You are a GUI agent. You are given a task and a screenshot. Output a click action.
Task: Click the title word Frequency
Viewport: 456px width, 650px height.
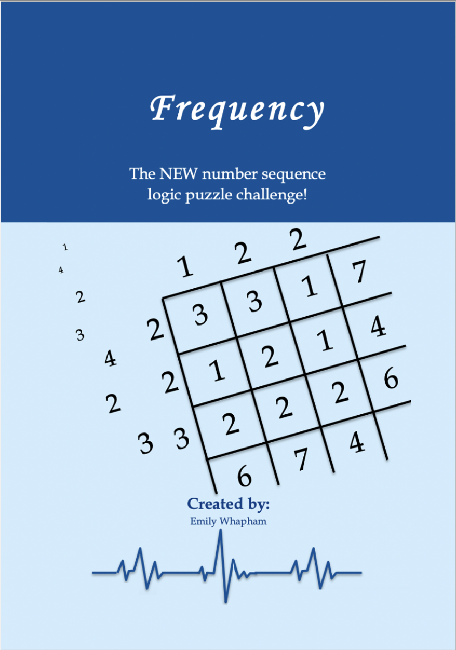[x=237, y=111]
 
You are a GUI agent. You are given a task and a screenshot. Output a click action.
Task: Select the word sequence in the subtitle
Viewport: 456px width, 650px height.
[x=293, y=175]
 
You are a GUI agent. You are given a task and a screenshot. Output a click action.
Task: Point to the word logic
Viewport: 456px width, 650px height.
[x=164, y=195]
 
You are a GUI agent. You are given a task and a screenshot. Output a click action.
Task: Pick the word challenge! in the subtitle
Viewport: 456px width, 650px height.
[x=271, y=194]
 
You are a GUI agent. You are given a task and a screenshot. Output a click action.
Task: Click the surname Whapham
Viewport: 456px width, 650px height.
[x=243, y=521]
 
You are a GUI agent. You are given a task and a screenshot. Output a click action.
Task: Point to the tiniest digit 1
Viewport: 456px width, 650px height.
[x=65, y=247]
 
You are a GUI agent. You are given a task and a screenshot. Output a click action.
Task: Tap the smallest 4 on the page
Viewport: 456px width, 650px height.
[x=61, y=270]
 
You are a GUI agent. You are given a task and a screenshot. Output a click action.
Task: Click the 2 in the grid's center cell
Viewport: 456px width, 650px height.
[x=270, y=357]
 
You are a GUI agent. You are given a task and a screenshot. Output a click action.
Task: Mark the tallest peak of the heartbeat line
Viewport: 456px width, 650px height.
[x=221, y=529]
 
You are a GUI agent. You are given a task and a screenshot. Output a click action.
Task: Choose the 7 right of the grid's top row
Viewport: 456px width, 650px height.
[x=359, y=272]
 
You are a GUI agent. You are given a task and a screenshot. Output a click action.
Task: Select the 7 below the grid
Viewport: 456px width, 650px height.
[x=301, y=459]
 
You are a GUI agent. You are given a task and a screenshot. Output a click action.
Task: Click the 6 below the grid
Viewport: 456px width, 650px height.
[x=245, y=476]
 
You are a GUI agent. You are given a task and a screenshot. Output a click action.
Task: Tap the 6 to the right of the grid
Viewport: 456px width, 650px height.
[x=391, y=377]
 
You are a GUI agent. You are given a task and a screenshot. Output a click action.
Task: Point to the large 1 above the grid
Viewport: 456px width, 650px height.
[x=185, y=266]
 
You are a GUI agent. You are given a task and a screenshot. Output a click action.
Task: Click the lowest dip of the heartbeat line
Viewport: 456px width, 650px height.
[x=226, y=602]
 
